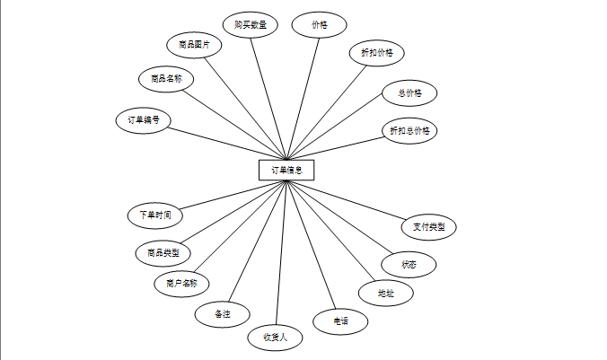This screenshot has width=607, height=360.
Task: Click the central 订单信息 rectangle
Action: (x=286, y=170)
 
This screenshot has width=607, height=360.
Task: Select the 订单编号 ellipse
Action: (x=143, y=119)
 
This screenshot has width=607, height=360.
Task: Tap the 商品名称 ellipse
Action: (x=166, y=78)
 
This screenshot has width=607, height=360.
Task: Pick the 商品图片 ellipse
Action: (x=194, y=44)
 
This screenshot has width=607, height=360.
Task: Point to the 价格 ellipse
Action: (x=319, y=24)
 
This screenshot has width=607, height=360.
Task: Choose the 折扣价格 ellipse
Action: (x=377, y=52)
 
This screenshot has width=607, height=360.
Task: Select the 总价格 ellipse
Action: (x=409, y=92)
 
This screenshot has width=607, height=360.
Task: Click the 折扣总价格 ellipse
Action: (x=409, y=131)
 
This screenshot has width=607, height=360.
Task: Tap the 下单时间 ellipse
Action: (x=154, y=215)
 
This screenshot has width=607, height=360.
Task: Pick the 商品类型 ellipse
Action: (x=163, y=252)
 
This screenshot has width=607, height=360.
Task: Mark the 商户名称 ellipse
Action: (x=181, y=284)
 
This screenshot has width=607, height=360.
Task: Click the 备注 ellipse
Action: (x=223, y=314)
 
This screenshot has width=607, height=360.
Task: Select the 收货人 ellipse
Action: (x=275, y=338)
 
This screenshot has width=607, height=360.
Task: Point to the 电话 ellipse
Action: (x=340, y=320)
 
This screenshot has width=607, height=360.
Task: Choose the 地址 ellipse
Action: (x=385, y=293)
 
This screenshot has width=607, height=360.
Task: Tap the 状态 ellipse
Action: (x=409, y=265)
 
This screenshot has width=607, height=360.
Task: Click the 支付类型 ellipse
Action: (x=428, y=227)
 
